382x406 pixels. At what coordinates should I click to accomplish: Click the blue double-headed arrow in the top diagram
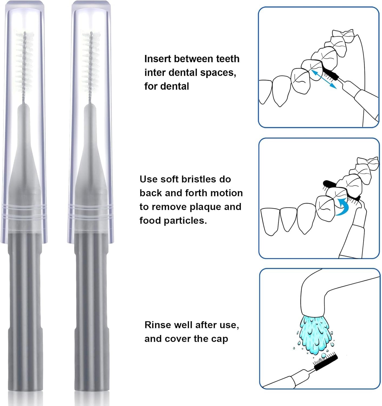coord(323,79)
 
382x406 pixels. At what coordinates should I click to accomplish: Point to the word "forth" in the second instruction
coord(197,193)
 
